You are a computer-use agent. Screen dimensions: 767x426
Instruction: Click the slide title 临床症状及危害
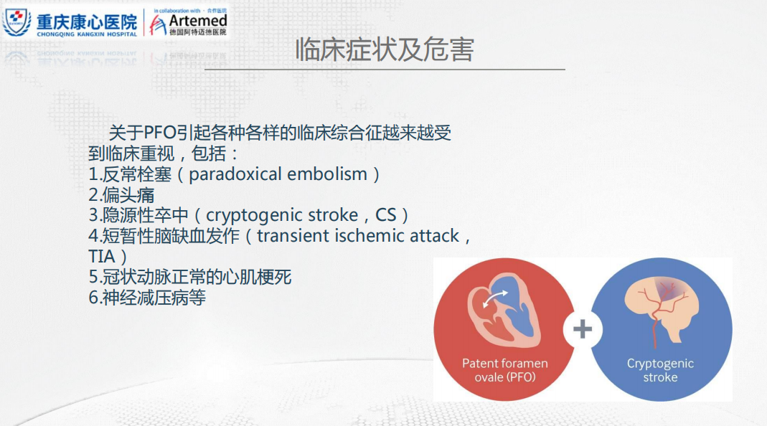coord(385,49)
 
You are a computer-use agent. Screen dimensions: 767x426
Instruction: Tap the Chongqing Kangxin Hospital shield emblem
coord(17,22)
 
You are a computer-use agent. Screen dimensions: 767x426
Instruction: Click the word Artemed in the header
coord(197,21)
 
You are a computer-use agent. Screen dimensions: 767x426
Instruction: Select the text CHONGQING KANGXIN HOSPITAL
coord(87,34)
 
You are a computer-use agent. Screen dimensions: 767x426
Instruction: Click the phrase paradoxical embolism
coord(278,174)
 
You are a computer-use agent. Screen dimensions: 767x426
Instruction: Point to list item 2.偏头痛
coord(121,194)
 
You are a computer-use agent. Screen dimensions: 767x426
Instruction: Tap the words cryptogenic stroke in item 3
coord(282,215)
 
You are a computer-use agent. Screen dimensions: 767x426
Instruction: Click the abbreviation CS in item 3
coord(385,215)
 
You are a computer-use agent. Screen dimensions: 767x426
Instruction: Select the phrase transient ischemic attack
coord(358,236)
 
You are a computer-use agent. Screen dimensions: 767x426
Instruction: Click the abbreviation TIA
coord(102,256)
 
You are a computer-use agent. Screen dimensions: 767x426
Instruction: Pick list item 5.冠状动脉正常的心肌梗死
coord(190,277)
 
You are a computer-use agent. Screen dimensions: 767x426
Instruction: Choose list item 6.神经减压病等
coord(147,298)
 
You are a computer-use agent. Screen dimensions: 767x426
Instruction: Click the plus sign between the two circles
coord(582,328)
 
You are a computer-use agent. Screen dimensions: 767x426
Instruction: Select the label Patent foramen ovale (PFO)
coord(505,370)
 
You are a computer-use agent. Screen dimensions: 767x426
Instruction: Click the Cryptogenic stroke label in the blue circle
coord(660,370)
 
